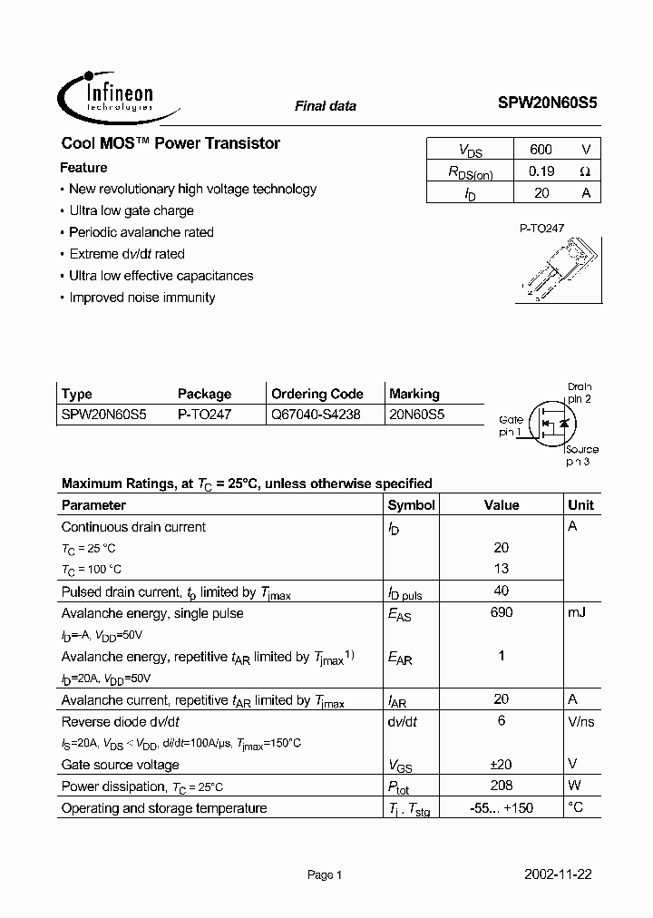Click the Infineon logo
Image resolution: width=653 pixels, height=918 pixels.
pos(106,94)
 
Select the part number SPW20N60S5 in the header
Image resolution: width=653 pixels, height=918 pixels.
pos(547,104)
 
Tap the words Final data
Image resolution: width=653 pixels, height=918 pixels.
pos(325,106)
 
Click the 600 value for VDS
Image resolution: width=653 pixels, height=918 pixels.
pos(540,150)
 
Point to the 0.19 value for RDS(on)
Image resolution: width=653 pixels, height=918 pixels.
pos(541,171)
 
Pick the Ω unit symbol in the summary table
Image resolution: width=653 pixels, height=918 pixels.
pos(585,171)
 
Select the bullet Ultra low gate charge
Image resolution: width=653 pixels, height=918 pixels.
pos(131,210)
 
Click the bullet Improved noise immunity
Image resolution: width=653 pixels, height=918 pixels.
pos(141,298)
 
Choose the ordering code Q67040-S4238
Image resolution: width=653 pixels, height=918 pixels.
pos(316,415)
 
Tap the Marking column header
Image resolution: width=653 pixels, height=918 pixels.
pos(414,394)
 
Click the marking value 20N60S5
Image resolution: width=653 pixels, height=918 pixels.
pos(417,415)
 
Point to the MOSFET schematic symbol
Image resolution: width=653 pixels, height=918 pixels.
pos(552,422)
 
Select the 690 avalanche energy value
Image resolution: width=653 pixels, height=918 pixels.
pos(501,612)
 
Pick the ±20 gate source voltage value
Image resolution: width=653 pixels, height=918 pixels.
pos(501,764)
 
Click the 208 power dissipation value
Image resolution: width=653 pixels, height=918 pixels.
pos(501,786)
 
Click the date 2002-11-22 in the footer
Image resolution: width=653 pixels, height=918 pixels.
pos(558,875)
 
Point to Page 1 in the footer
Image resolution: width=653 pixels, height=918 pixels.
pos(324,875)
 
